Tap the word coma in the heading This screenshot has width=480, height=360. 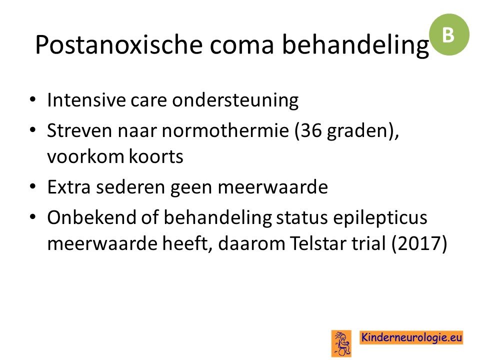coord(241,45)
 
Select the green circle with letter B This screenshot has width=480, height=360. coord(449,34)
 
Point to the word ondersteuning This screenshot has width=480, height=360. coord(235,100)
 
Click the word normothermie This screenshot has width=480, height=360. coord(225,130)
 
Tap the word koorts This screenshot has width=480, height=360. coord(156,156)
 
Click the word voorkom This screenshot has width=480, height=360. coord(85,156)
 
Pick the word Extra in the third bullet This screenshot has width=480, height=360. coord(69,187)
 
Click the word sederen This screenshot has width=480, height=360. coord(130,187)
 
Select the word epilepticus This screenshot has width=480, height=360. coord(380,218)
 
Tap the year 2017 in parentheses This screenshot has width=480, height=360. coord(419,244)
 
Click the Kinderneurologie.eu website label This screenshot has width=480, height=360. coord(411,337)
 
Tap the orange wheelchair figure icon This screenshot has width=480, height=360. coord(341,343)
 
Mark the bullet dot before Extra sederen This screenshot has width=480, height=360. coord(33,186)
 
